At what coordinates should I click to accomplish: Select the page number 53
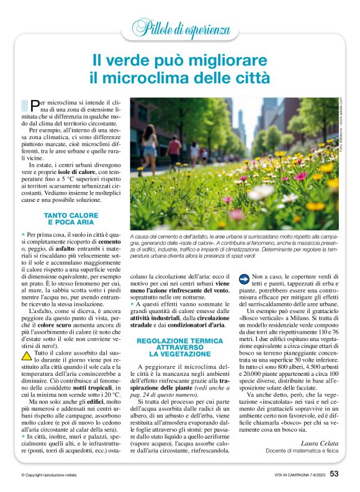pos(335,475)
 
